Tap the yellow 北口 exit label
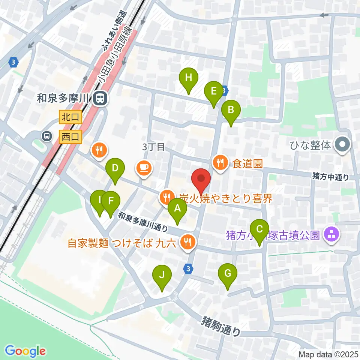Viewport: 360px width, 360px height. pyautogui.click(x=70, y=117)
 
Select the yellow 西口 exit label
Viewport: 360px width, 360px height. pyautogui.click(x=70, y=137)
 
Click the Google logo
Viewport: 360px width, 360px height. pyautogui.click(x=25, y=351)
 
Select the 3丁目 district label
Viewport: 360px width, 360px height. pyautogui.click(x=153, y=147)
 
